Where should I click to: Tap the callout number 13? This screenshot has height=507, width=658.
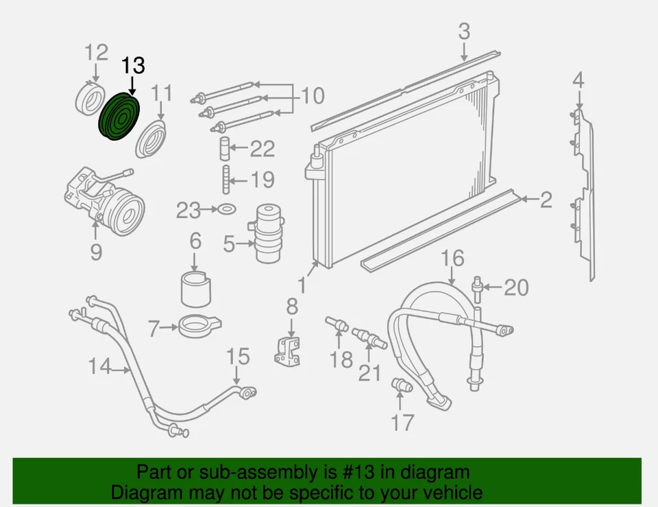point(134,66)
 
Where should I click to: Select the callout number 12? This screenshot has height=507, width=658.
point(96,52)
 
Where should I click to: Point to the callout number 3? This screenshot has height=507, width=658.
point(464,32)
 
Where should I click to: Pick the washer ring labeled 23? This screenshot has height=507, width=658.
point(227,209)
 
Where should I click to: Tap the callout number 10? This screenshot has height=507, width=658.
point(313,95)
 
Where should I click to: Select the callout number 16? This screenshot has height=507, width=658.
point(452,259)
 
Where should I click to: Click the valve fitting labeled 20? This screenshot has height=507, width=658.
point(476,287)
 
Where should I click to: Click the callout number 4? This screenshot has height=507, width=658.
point(578,80)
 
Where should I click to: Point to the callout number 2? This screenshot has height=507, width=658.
point(546,200)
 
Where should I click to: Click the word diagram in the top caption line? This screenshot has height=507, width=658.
point(437,472)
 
